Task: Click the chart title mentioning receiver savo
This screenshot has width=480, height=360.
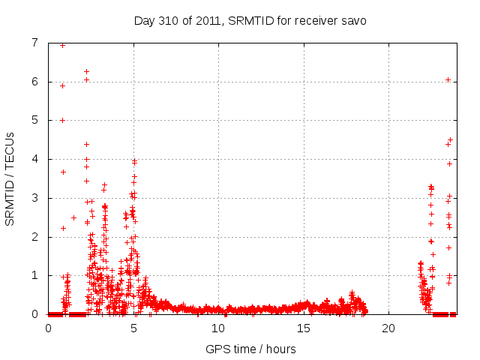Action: (250, 20)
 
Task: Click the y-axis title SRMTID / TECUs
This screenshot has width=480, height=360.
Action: (10, 178)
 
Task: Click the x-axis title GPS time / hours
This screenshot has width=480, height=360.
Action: (250, 349)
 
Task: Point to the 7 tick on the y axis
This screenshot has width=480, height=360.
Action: (34, 43)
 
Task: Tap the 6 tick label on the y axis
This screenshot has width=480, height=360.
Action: (34, 82)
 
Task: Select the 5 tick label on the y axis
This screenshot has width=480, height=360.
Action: (34, 120)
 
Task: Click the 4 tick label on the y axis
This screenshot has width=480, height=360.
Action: (34, 159)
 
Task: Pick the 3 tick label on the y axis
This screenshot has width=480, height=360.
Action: (34, 198)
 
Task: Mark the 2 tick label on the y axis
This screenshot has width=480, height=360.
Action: (34, 237)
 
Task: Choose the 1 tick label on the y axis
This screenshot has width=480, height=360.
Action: (34, 275)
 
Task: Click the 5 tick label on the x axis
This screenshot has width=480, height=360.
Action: (133, 328)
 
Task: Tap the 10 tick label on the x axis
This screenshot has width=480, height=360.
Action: (218, 328)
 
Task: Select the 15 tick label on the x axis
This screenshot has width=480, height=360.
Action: (304, 328)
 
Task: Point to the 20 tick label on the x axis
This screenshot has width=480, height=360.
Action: (388, 328)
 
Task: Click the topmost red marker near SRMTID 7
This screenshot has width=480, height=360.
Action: (62, 45)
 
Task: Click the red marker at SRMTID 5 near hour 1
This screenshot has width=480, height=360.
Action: (62, 120)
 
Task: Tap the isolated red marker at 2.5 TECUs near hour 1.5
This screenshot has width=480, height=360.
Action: (73, 217)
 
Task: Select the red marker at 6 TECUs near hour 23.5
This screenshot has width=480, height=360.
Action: (448, 79)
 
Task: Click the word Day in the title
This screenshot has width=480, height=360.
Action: (145, 20)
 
